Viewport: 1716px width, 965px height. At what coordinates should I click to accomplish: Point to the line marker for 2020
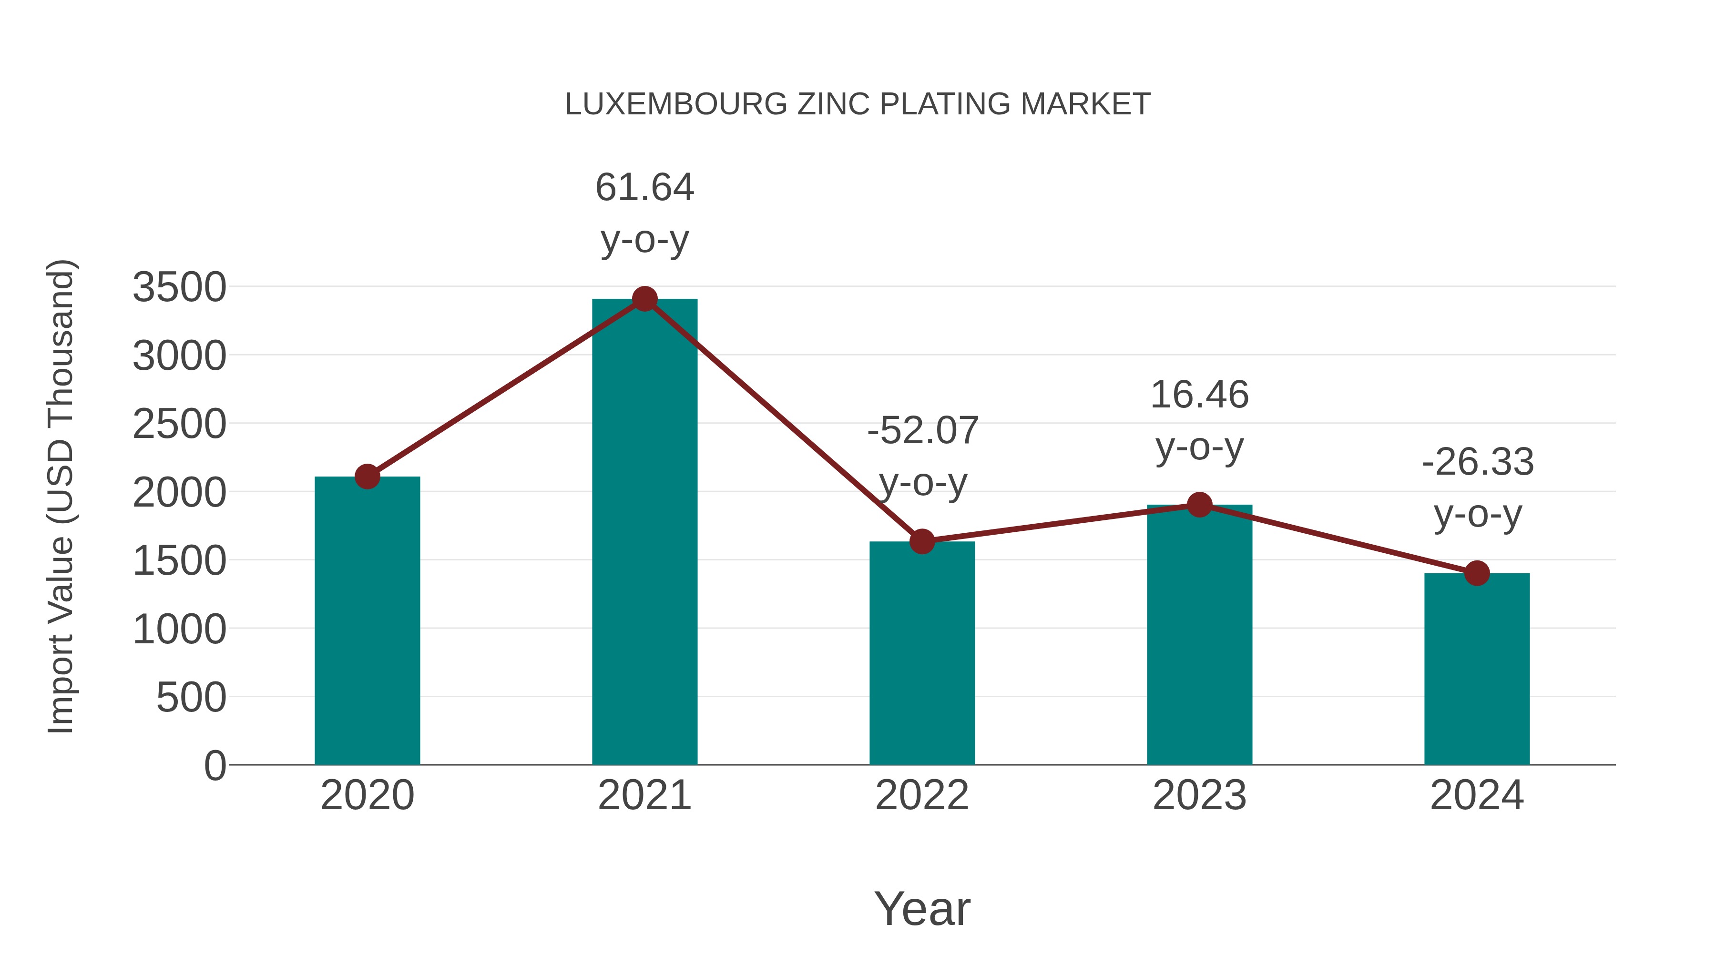click(x=367, y=476)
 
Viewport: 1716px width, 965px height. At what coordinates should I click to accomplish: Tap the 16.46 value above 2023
click(x=1199, y=395)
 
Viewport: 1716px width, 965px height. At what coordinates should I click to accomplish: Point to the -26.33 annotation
click(x=1478, y=462)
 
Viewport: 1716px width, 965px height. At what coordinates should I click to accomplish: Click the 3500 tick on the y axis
click(x=180, y=288)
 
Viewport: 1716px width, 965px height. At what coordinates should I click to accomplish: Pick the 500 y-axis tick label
click(x=191, y=698)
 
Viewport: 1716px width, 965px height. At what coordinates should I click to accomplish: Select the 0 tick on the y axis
click(x=214, y=766)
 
